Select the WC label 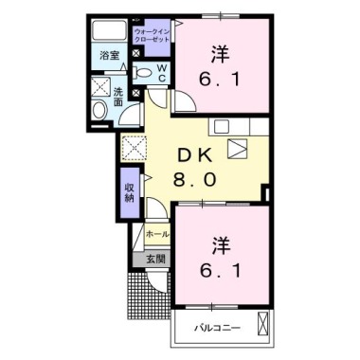click(161, 72)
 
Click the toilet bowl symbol click(143, 72)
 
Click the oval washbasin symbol click(99, 113)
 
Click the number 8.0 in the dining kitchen click(197, 179)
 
